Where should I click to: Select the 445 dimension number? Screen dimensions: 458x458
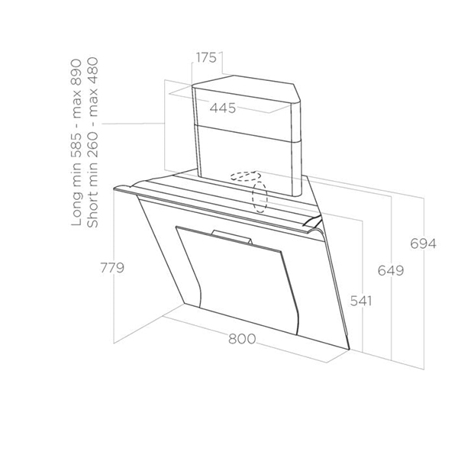pos(222,108)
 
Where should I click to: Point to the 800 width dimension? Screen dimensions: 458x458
pos(241,339)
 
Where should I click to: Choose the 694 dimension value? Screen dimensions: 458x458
pos(422,244)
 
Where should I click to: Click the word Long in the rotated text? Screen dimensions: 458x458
pos(76,209)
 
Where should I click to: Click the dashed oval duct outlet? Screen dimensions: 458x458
pos(260,195)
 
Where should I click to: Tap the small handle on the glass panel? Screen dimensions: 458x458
pos(232,237)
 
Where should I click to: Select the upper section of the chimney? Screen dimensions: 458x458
pos(244,103)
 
